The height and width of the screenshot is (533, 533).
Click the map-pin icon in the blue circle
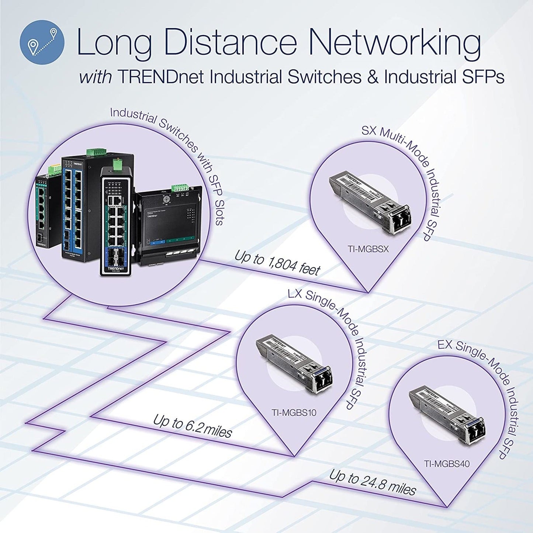coord(42,42)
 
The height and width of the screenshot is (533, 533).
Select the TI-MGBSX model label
coord(368,249)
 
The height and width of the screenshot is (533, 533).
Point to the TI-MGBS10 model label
coord(294,412)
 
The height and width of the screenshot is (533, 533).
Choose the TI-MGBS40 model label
coord(447,464)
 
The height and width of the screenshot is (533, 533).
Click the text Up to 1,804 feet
coord(277,263)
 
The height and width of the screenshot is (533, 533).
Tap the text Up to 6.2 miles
coord(192,426)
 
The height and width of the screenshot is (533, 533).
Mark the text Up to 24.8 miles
coord(373,482)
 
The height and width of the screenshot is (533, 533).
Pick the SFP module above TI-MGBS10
coord(293,361)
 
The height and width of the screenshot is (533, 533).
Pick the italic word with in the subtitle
coord(95,77)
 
